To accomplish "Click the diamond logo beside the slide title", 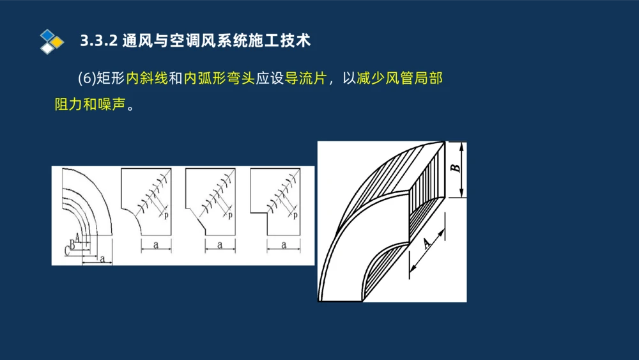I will pyautogui.click(x=51, y=41).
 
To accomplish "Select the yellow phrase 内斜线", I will pyautogui.click(x=147, y=79).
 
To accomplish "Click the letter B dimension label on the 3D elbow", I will pyautogui.click(x=454, y=168).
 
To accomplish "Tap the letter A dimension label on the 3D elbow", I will pyautogui.click(x=427, y=244).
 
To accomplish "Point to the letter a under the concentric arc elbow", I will pyautogui.click(x=102, y=258).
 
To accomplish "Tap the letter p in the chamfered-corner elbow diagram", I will pyautogui.click(x=230, y=215).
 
